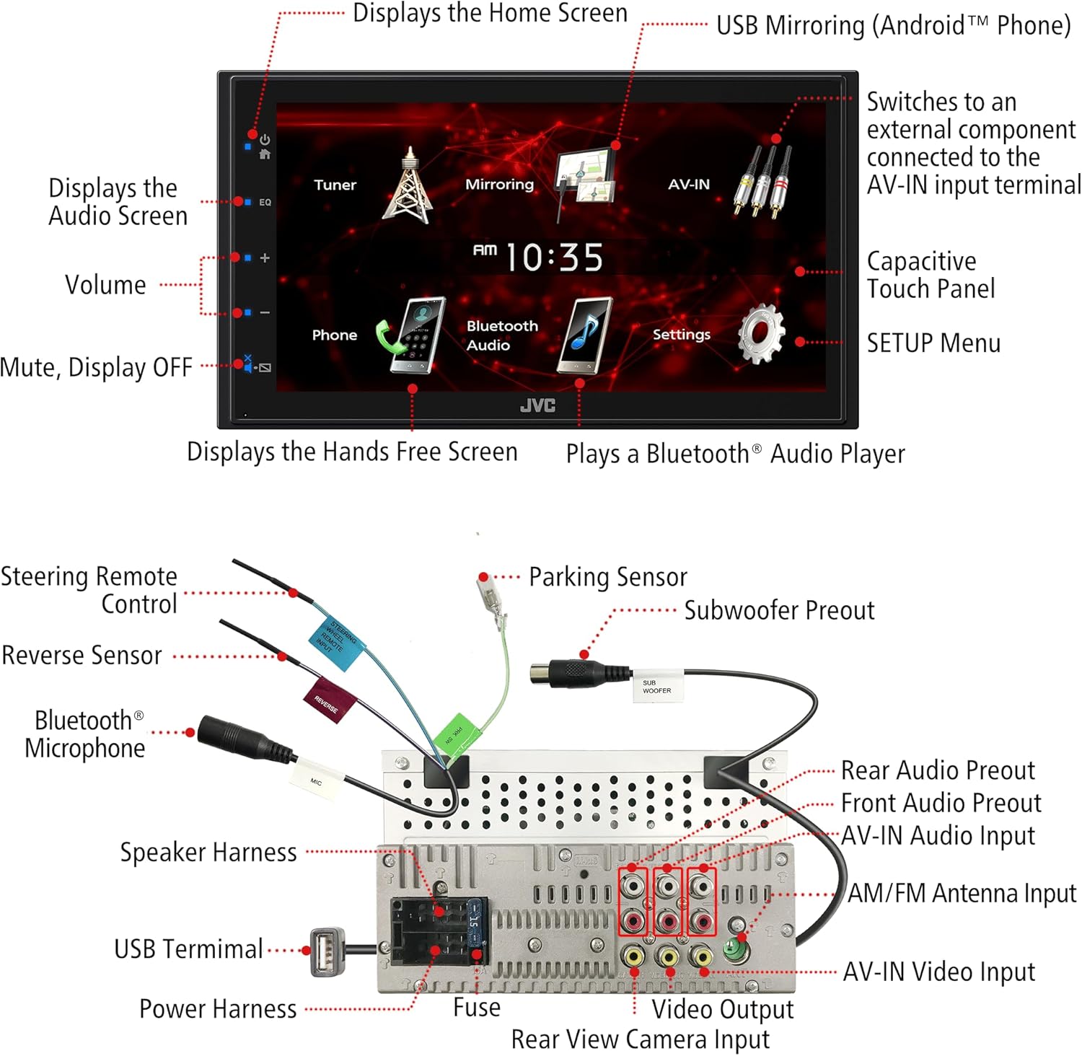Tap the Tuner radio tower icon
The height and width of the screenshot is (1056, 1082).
coord(408,185)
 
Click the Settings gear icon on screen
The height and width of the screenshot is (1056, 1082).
coord(761,333)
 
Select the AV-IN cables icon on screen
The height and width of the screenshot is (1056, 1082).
coord(763,182)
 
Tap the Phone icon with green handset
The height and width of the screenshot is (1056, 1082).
coord(411,335)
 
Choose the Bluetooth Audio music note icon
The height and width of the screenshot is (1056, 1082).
coord(586,335)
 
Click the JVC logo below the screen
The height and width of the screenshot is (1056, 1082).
coord(538,406)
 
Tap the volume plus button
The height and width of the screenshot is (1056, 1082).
coord(264,258)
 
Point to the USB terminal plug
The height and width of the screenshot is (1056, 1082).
coord(326,951)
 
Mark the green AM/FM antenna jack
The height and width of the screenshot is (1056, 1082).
coord(736,949)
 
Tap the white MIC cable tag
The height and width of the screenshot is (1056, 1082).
coord(316,781)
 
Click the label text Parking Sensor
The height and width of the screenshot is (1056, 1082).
coord(607,577)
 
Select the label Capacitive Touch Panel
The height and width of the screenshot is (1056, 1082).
coord(931,275)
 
